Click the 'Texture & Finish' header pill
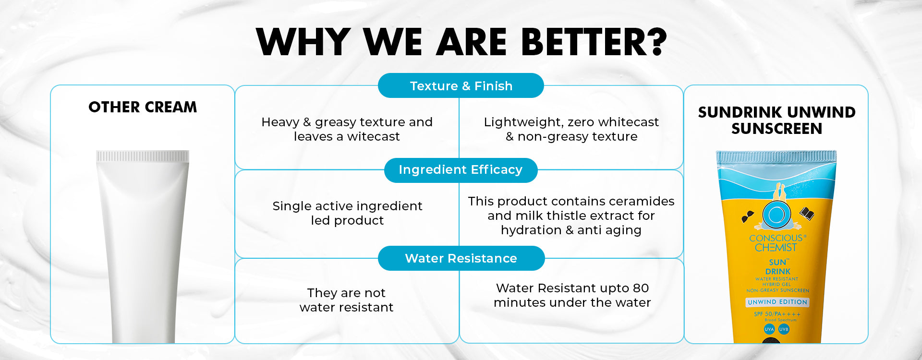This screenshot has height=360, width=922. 461,85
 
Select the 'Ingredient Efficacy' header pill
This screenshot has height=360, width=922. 461,170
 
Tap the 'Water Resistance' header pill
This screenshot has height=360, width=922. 461,258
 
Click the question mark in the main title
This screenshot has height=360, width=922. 654,42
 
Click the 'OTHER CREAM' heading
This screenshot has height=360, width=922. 143,107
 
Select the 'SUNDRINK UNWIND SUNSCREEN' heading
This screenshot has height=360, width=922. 776,120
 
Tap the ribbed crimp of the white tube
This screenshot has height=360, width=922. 143,156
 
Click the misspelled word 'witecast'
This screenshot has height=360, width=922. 373,137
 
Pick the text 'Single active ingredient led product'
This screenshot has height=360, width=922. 347,213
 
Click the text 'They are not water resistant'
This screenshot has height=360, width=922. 346,300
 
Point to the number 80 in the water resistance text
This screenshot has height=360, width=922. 641,288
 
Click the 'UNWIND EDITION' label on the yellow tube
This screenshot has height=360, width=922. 777,302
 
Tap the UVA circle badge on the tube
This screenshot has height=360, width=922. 769,329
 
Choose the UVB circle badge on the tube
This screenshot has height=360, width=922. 784,329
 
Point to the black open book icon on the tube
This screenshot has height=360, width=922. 807,213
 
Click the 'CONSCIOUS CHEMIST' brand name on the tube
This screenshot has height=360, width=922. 776,243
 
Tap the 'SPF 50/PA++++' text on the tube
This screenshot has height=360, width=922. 777,314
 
